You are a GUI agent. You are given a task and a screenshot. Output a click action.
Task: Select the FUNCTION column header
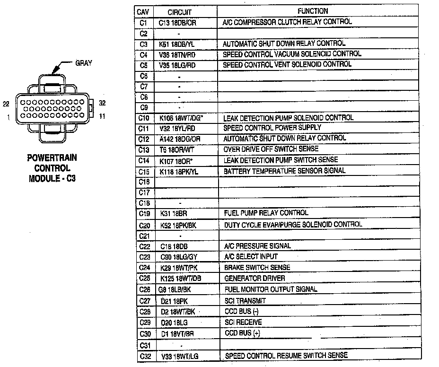313,11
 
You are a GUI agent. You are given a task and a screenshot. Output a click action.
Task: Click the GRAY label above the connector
84,63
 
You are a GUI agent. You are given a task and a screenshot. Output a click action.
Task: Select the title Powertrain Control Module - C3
52,168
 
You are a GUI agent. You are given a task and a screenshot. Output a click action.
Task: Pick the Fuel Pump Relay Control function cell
265,213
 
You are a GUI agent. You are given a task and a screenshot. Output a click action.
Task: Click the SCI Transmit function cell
245,301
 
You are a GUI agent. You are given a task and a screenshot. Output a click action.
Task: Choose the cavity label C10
144,118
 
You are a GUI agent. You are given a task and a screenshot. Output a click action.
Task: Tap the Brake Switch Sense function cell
257,268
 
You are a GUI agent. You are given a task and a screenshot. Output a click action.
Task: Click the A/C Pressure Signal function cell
257,246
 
